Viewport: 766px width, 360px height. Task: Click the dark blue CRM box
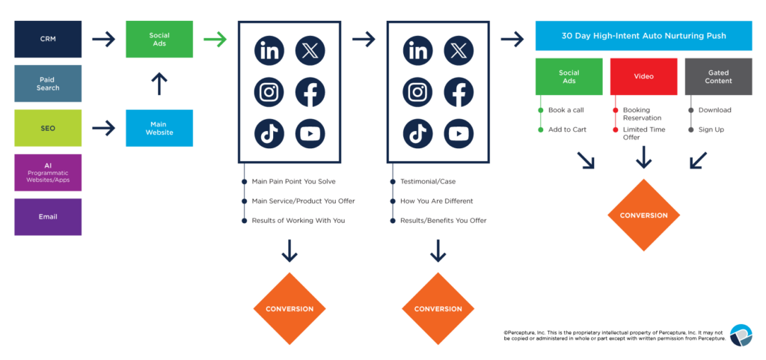tap(48, 39)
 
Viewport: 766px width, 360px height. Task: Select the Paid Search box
tap(48, 83)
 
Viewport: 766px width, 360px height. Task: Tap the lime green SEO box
tap(48, 128)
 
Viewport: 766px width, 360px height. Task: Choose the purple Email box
tap(48, 216)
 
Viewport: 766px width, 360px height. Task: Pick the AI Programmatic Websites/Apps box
tap(48, 172)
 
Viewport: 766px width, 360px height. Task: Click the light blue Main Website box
tap(159, 128)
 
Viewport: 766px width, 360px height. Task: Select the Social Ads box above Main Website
tap(159, 40)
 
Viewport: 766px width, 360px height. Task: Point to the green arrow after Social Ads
tap(215, 40)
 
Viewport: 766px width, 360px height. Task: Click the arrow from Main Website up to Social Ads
tap(159, 84)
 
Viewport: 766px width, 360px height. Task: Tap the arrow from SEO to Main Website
tap(103, 128)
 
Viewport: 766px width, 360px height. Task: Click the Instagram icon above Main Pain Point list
tap(269, 93)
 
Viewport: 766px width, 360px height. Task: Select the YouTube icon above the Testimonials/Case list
tap(459, 134)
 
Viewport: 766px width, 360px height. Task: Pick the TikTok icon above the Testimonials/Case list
tap(417, 134)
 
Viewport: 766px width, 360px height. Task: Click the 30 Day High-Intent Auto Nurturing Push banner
tap(643, 36)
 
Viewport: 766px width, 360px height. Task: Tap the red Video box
tap(643, 76)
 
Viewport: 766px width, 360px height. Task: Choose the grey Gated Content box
tap(718, 76)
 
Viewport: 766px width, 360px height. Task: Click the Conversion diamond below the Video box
tap(643, 216)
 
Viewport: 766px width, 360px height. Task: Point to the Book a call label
tap(566, 110)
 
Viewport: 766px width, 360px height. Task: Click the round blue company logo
tap(741, 335)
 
